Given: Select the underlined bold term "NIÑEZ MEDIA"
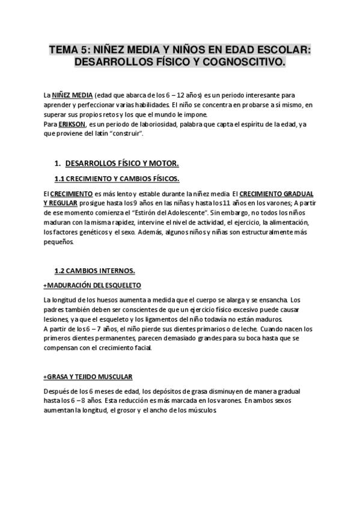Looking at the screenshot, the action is coord(72,96).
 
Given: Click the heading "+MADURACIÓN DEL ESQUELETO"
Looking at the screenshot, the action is coord(93,284).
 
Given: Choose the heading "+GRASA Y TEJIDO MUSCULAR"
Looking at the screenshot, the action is coord(88,376).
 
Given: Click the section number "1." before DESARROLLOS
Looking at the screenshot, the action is coord(58,164).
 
